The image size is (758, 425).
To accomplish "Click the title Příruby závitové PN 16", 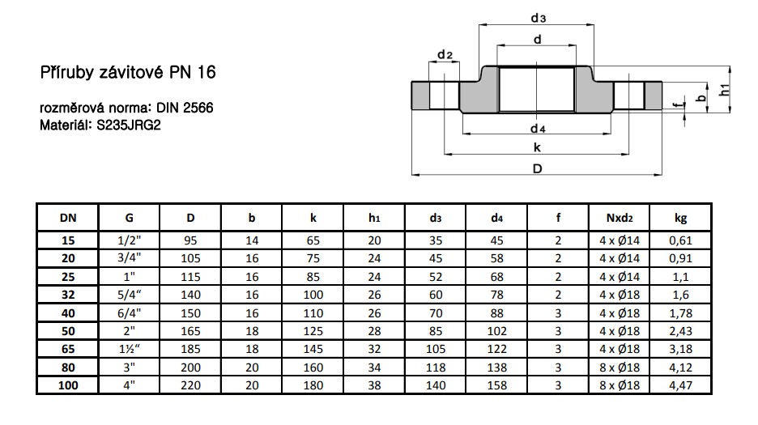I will tap(128, 73).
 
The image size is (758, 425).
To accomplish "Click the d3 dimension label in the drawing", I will tap(539, 17).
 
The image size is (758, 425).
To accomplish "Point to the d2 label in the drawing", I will tap(444, 54).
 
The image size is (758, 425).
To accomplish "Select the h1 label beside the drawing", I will tap(726, 90).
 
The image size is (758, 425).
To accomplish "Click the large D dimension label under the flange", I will tap(538, 168).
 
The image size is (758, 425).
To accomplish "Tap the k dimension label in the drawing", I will tap(538, 147).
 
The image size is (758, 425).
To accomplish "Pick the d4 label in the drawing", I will tap(538, 129).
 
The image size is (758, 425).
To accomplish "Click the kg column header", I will tap(680, 218).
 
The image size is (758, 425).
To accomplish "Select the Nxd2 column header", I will tap(620, 218).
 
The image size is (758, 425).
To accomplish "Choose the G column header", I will tap(130, 218).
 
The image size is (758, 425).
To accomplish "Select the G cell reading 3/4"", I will tap(130, 258).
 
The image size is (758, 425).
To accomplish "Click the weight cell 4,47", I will tap(680, 386).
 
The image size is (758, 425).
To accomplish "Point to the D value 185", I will tap(190, 349).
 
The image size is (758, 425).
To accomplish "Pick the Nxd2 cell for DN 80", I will tap(620, 368).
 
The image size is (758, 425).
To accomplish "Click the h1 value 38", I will tap(374, 386).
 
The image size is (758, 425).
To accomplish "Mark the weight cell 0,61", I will tap(680, 240).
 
